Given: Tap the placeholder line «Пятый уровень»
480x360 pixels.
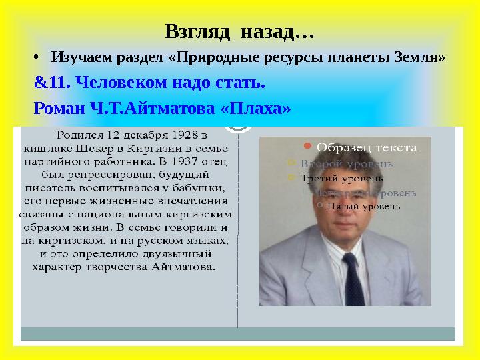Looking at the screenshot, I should [x=367, y=206].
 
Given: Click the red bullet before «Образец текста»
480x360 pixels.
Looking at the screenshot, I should [x=306, y=145].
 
